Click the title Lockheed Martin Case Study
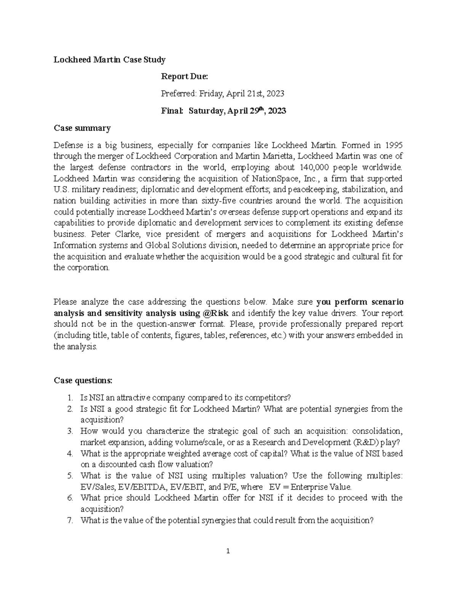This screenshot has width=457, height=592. tap(109, 59)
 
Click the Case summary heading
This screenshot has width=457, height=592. tap(82, 128)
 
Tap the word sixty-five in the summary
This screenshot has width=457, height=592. tap(216, 201)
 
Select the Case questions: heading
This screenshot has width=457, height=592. tap(83, 380)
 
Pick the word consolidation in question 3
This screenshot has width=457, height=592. tap(377, 432)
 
